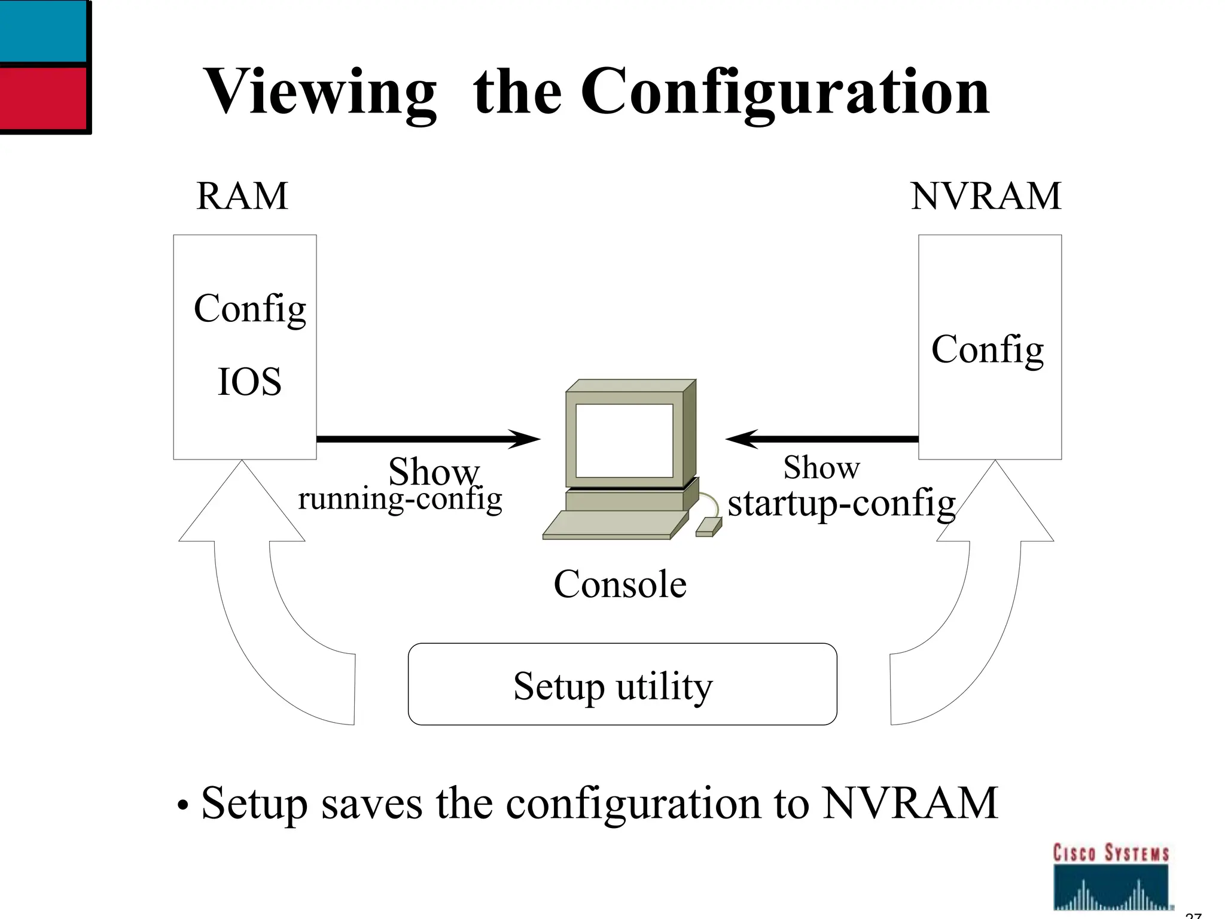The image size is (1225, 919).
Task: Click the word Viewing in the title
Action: (x=320, y=93)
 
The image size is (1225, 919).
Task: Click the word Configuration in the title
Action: (x=785, y=93)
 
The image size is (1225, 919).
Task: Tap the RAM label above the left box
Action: (x=242, y=196)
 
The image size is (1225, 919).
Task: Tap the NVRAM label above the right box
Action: (x=986, y=196)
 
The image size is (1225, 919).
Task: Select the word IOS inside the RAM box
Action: (x=249, y=382)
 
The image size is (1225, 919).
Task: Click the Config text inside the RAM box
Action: (x=249, y=309)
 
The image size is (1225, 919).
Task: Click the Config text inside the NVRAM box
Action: (x=988, y=350)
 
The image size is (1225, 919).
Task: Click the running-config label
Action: (x=400, y=499)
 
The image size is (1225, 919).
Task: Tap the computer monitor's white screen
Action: (x=624, y=440)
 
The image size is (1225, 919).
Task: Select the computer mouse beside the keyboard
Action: (x=708, y=527)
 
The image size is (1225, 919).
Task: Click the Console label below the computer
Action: (x=620, y=584)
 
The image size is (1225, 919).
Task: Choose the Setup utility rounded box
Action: (x=622, y=684)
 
